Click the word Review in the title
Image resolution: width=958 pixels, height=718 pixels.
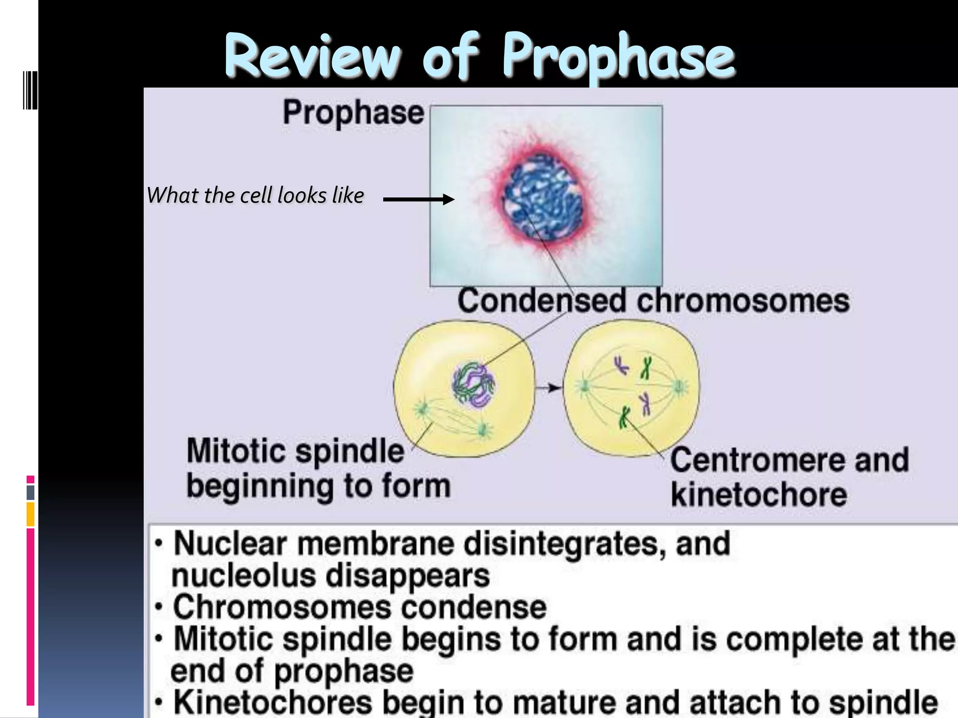[312, 57]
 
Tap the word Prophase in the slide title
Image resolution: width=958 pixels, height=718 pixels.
[618, 57]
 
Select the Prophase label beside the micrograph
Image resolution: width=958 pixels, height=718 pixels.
[353, 113]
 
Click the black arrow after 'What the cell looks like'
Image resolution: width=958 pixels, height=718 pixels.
[418, 200]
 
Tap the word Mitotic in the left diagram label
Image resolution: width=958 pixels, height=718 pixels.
[236, 452]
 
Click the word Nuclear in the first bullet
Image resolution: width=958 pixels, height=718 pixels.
[230, 544]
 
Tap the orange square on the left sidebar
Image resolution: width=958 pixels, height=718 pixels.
[30, 514]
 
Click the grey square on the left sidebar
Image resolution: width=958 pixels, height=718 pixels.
[30, 492]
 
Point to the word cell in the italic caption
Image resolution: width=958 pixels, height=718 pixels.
[256, 195]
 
